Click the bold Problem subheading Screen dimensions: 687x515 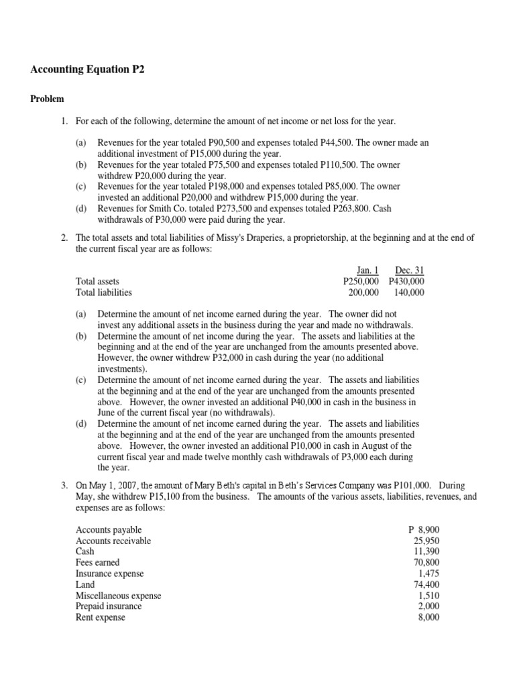pos(47,99)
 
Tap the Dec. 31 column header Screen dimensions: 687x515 pos(409,270)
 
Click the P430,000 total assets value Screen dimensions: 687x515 pos(406,282)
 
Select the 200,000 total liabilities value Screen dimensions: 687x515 pos(363,293)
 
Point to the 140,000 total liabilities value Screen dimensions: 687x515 pos(409,293)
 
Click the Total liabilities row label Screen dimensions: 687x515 pos(104,293)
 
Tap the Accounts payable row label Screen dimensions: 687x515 pos(109,530)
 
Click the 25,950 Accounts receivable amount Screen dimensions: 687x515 pos(426,541)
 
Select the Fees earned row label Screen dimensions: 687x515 pos(98,563)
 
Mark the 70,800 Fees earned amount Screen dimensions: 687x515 pos(426,563)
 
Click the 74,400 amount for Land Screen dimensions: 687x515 pos(426,584)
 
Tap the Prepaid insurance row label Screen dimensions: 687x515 pos(109,606)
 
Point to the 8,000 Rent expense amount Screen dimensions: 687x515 pos(428,617)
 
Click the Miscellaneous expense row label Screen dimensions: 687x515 pos(119,596)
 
